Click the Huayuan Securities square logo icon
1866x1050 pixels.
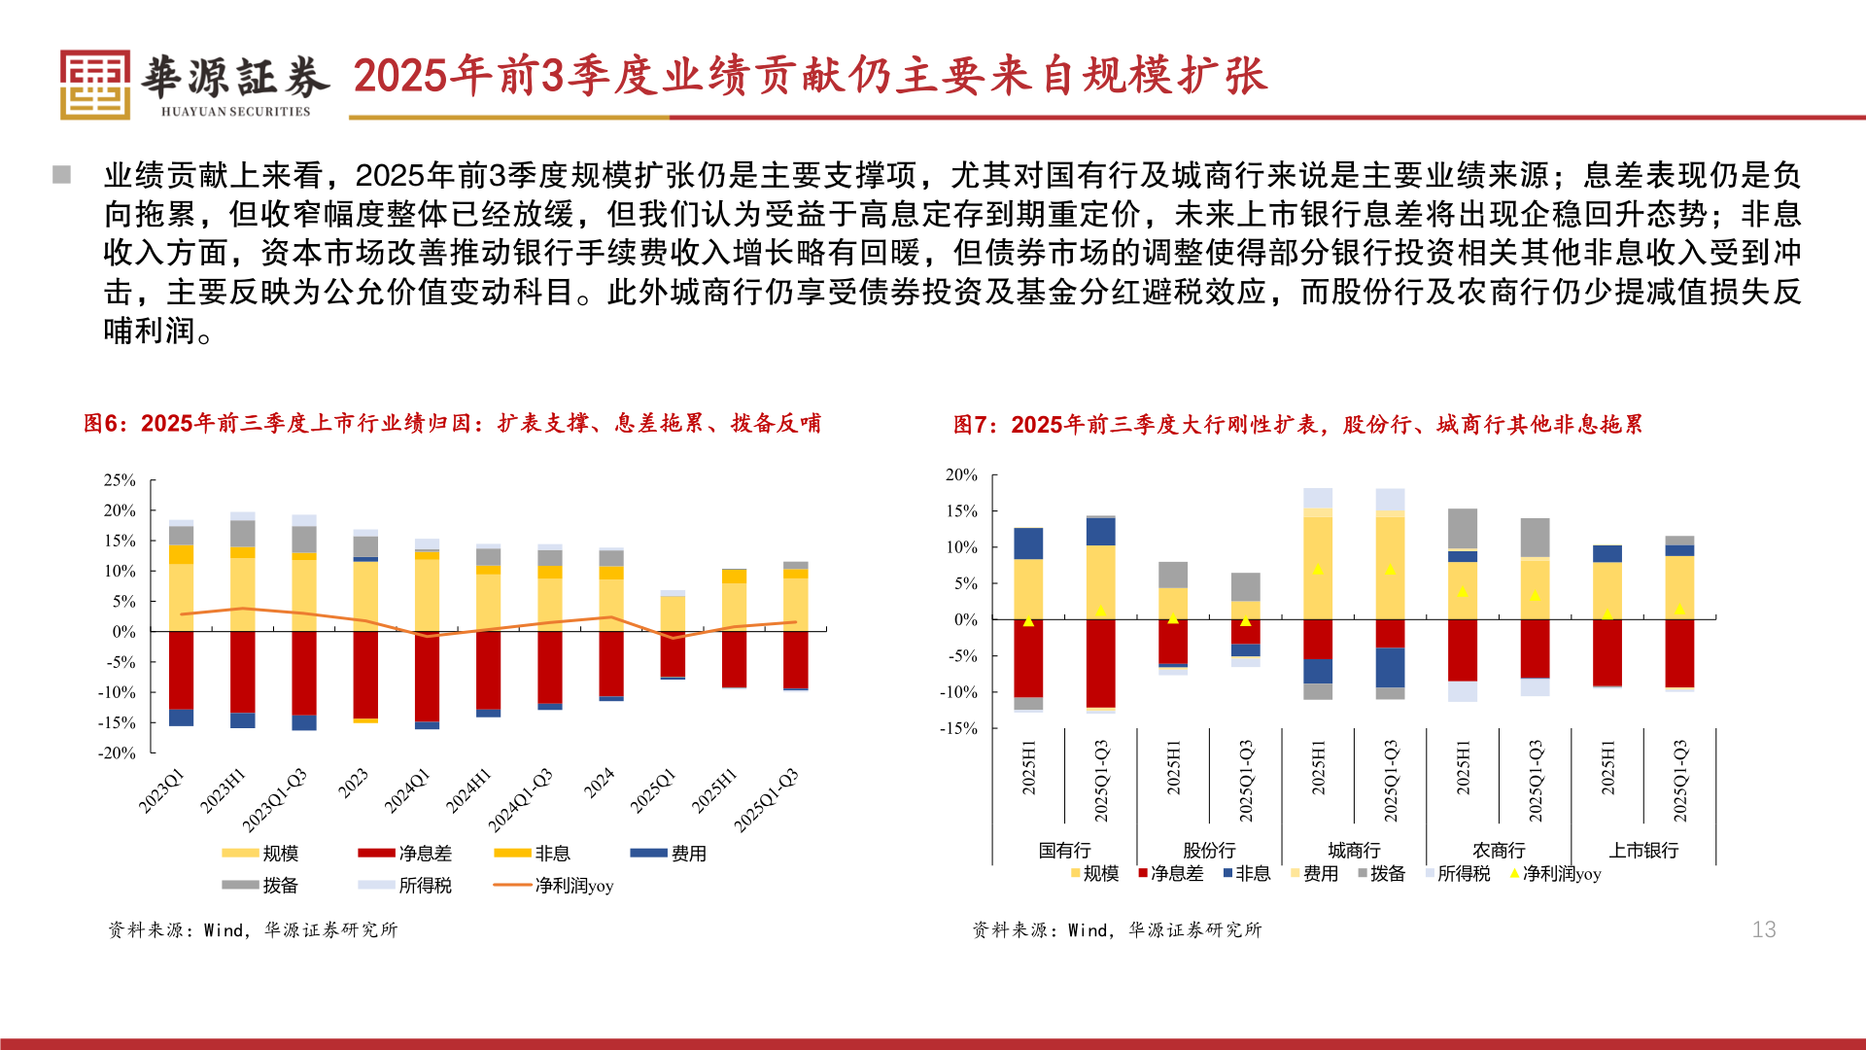click(94, 85)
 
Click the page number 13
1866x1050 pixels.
click(1763, 929)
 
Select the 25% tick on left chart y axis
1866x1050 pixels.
click(120, 480)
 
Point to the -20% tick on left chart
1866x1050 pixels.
click(117, 752)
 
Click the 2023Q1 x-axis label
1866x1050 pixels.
click(161, 790)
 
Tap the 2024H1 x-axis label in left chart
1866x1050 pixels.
click(468, 790)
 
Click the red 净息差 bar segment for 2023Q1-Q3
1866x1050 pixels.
click(304, 673)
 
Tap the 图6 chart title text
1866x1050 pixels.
click(452, 424)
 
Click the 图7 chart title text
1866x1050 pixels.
click(1297, 425)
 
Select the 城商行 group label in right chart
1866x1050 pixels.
click(1354, 851)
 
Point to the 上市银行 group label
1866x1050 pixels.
click(1643, 851)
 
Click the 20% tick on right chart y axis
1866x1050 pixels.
click(961, 475)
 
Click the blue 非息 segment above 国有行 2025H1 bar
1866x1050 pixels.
click(1028, 543)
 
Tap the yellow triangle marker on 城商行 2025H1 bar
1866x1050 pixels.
click(1317, 569)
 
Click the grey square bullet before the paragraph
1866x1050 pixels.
click(62, 175)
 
